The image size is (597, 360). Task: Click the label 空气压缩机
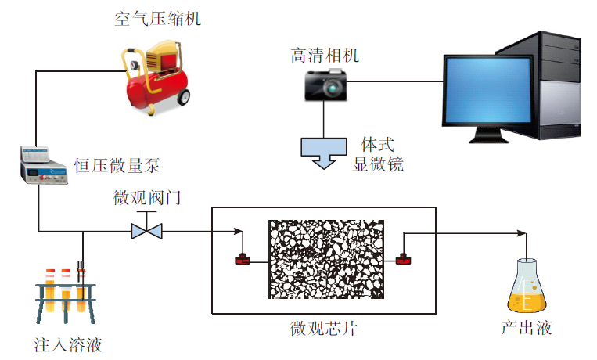point(157,18)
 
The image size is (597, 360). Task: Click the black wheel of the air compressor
point(185,97)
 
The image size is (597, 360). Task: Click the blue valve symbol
point(146,231)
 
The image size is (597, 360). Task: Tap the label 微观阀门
point(147,197)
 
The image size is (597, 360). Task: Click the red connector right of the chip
point(404,259)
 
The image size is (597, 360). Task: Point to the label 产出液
point(526,328)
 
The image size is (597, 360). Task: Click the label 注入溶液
point(68,344)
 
